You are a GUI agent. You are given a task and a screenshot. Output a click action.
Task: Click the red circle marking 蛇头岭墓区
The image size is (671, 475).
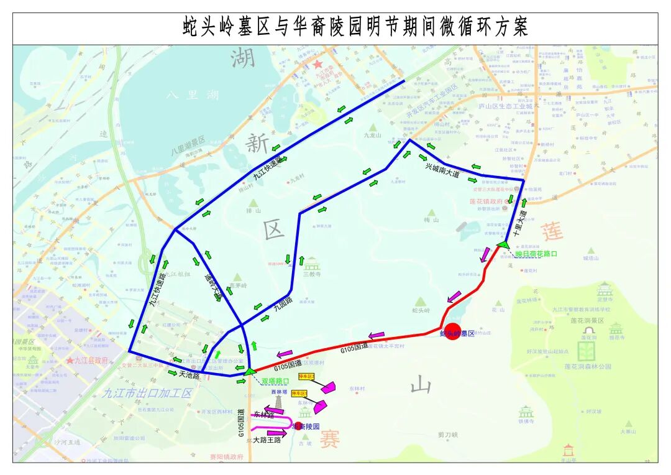tap(452, 331)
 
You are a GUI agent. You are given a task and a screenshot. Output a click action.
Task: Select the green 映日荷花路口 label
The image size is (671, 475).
tap(536, 254)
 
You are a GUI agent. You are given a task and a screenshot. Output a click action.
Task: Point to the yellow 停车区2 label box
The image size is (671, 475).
tap(299, 394)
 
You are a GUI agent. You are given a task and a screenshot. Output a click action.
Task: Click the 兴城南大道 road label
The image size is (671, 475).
tap(442, 171)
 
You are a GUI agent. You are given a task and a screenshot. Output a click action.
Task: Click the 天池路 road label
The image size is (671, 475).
tap(189, 375)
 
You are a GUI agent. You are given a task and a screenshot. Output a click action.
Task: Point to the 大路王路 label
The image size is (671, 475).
tap(267, 440)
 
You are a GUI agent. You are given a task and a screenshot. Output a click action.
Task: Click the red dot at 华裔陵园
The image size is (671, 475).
tap(298, 426)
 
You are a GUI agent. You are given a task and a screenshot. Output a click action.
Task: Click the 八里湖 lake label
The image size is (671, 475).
tap(193, 95)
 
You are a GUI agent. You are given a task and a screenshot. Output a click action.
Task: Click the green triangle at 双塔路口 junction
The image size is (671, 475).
tap(249, 371)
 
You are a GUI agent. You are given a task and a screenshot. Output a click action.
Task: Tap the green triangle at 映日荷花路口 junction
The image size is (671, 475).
tap(502, 244)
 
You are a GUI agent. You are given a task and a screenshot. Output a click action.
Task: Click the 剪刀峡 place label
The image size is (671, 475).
tap(447, 435)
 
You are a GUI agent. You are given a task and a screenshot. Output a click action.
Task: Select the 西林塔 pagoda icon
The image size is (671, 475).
tap(279, 402)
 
